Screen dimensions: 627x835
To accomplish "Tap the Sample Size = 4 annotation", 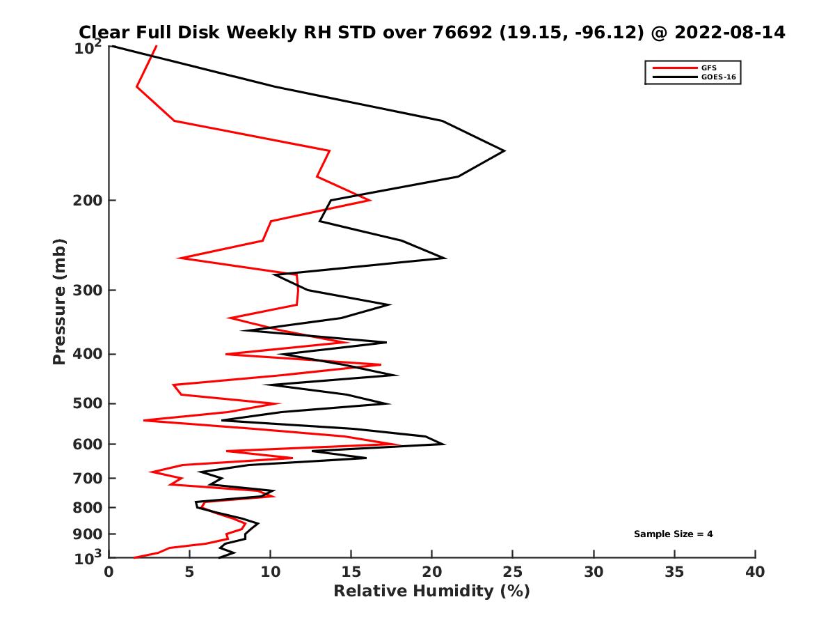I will [x=673, y=534].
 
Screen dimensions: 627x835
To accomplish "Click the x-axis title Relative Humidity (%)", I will [x=431, y=591].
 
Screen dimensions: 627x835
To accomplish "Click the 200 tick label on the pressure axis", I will [x=85, y=201].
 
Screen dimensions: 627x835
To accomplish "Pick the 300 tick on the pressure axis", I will [x=85, y=291].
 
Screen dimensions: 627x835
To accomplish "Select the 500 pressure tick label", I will [x=85, y=404].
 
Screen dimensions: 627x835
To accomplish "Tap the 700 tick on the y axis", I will [x=85, y=479].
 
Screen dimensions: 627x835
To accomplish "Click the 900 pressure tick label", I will [x=85, y=534].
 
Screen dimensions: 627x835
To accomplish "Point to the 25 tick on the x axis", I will [x=513, y=572].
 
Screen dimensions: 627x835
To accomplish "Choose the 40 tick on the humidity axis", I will [x=755, y=572].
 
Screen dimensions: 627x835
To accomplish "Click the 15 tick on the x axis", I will [x=351, y=572].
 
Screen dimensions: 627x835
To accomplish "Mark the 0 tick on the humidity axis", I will [x=109, y=572].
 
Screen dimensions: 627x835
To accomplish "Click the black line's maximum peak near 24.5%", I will [x=504, y=150].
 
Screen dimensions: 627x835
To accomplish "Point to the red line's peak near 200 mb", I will [x=370, y=200].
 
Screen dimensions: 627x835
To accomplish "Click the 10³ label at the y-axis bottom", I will [x=88, y=557].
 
